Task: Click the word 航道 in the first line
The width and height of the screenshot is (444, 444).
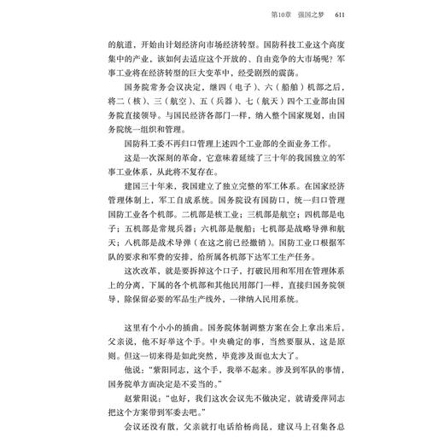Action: pos(123,44)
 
